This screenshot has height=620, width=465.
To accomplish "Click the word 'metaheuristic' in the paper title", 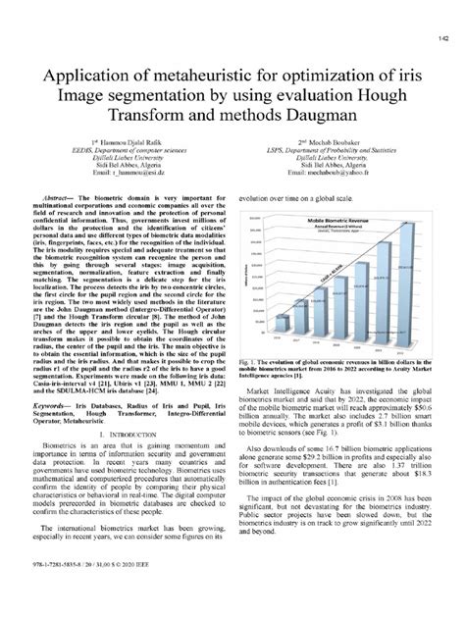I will pos(188,74).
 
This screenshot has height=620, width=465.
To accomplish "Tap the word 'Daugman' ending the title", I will pos(311,117).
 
